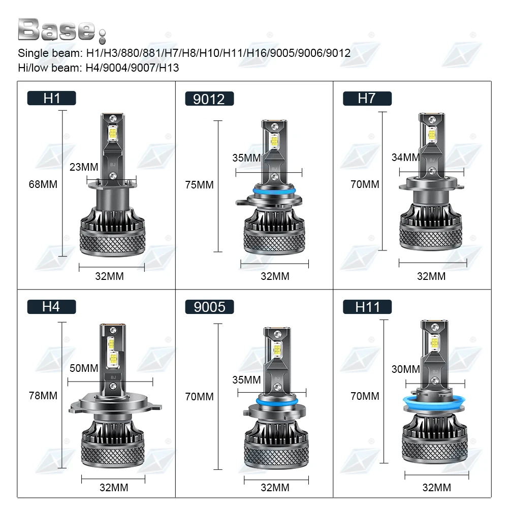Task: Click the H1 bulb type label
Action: coord(51,98)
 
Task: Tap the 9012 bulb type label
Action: coord(209,99)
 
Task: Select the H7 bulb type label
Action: coord(366,98)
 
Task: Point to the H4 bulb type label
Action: coord(51,306)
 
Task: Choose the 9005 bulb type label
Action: coord(209,307)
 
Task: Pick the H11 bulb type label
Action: coord(367,307)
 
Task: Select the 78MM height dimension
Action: coord(43,395)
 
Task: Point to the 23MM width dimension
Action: coord(84,167)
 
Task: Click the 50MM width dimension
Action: coord(84,368)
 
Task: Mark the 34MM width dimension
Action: coord(406,157)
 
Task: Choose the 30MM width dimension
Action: coord(406,369)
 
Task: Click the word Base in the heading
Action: coord(56,30)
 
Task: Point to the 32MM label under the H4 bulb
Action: coord(114,488)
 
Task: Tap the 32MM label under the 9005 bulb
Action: coord(275,488)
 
